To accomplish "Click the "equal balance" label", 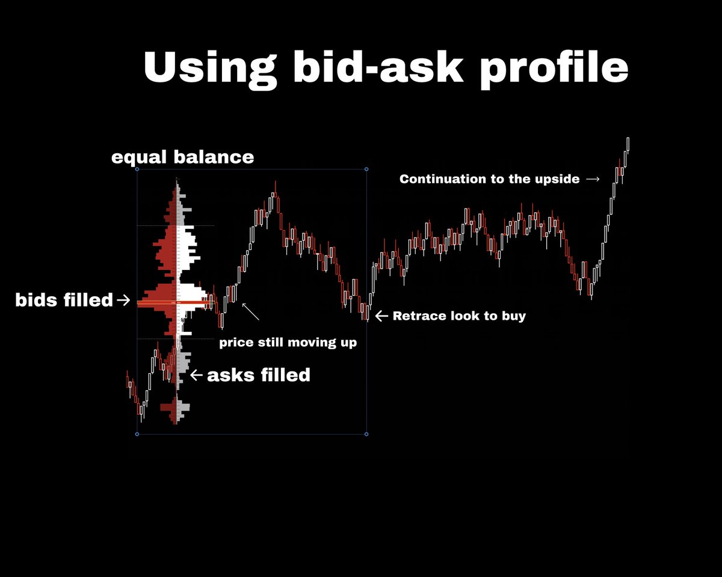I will click(x=182, y=157).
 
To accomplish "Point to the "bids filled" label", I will click(x=64, y=300).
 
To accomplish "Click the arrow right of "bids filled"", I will click(x=125, y=300).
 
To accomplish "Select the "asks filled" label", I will click(x=259, y=375).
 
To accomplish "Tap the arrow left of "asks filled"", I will click(x=196, y=375).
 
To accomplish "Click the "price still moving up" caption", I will click(x=288, y=343).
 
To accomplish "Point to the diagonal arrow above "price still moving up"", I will click(x=251, y=311).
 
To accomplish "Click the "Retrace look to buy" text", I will click(x=459, y=316).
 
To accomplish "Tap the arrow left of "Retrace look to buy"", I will click(x=381, y=315).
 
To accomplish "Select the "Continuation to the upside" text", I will click(x=490, y=179).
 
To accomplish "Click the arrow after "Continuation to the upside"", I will click(x=592, y=179).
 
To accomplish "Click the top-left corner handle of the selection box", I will click(x=137, y=169).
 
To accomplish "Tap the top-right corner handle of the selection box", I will click(x=367, y=169).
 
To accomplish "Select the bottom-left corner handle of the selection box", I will click(x=137, y=434).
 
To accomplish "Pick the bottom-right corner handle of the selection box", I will click(x=367, y=434).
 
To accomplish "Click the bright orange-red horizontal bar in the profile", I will click(x=174, y=304).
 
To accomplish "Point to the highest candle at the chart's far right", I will click(x=628, y=144).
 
